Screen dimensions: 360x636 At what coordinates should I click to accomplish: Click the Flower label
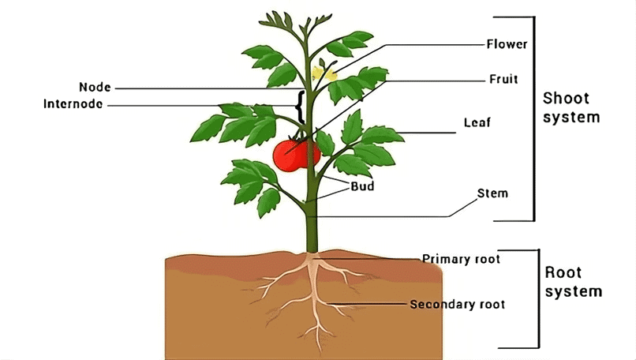[507, 43]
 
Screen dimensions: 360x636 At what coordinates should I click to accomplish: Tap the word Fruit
[503, 80]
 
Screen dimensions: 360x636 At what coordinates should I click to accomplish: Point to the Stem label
[492, 193]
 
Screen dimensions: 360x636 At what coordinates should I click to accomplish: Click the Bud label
[362, 187]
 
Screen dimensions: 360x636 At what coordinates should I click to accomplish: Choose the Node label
[95, 87]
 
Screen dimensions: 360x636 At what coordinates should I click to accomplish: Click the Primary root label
[461, 258]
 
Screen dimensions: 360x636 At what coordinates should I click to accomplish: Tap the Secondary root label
[458, 304]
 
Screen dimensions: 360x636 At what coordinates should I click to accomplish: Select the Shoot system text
[571, 108]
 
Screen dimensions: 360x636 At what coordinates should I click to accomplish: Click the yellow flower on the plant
[323, 74]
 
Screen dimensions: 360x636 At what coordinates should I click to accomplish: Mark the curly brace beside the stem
[299, 107]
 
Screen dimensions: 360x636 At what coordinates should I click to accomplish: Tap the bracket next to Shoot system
[533, 118]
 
